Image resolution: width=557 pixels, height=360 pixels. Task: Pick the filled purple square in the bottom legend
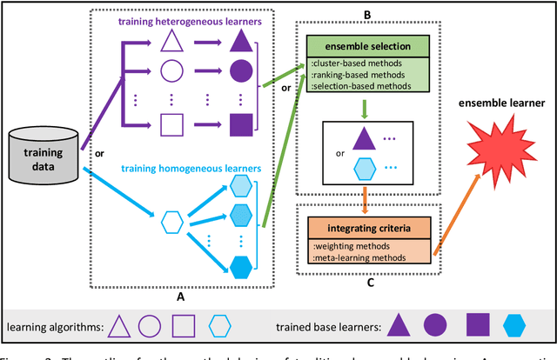click(478, 325)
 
